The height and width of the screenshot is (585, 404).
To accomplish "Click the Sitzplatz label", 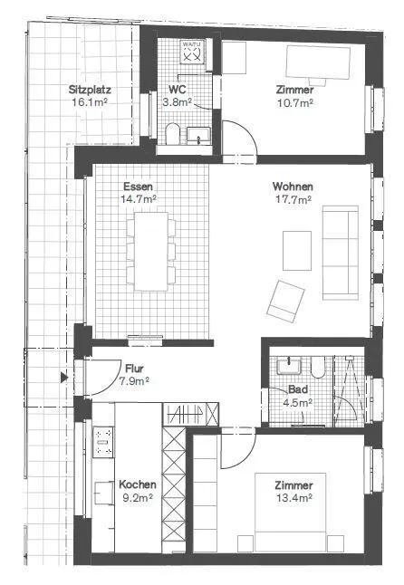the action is pos(90,90).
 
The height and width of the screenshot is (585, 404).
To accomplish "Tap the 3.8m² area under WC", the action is pos(178,101).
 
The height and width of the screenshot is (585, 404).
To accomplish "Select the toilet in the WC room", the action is pos(172,133).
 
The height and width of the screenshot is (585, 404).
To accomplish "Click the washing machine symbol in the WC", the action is pos(193,51).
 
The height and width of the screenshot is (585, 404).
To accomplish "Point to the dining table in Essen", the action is pos(151,251).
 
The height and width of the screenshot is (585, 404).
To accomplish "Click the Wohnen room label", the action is pos(293,187).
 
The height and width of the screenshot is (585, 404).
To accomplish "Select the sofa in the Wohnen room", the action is pos(341,253).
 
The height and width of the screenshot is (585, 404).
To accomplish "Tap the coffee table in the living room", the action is pos(297,251).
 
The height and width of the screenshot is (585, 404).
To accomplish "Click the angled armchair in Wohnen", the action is pos(285,301).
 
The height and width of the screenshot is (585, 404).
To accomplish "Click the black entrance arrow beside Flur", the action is pos(64,378).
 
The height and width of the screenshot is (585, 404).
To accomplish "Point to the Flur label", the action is pos(134,369).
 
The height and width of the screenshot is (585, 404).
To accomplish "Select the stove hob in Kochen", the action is pos(103,442).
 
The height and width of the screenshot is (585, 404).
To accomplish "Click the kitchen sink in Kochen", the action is pos(104,493).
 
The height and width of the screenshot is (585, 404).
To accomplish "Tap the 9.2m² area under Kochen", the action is pos(138,497).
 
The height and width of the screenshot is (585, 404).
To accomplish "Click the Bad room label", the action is pos(298,389).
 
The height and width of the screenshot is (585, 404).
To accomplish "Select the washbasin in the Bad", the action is pos(289,366).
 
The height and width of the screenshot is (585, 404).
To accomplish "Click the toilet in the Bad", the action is pos(318,368).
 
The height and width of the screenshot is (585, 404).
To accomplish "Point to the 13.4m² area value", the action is pos(294,497).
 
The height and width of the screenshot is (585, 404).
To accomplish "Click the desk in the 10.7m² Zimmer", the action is pos(318,62).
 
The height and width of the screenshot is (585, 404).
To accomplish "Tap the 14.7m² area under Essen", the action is pos(138,199).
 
